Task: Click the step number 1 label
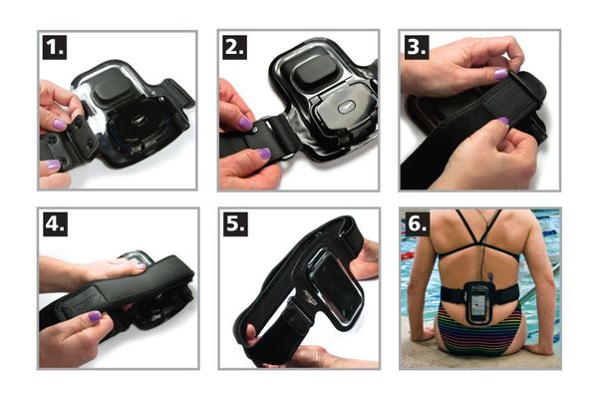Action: pyautogui.click(x=55, y=47)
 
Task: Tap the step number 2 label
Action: pyautogui.click(x=234, y=47)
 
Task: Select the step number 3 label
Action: pyautogui.click(x=417, y=47)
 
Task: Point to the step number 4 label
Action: pyautogui.click(x=55, y=224)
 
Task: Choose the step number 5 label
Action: pyautogui.click(x=235, y=224)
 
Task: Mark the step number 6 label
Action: pyautogui.click(x=417, y=224)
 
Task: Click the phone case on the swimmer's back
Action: pyautogui.click(x=478, y=303)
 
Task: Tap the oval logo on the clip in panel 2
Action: pyautogui.click(x=345, y=108)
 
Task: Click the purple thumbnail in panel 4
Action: pyautogui.click(x=95, y=316)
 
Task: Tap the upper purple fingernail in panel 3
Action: pyautogui.click(x=500, y=73)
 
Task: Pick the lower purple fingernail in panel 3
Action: pyautogui.click(x=503, y=122)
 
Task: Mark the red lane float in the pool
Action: pyautogui.click(x=407, y=255)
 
